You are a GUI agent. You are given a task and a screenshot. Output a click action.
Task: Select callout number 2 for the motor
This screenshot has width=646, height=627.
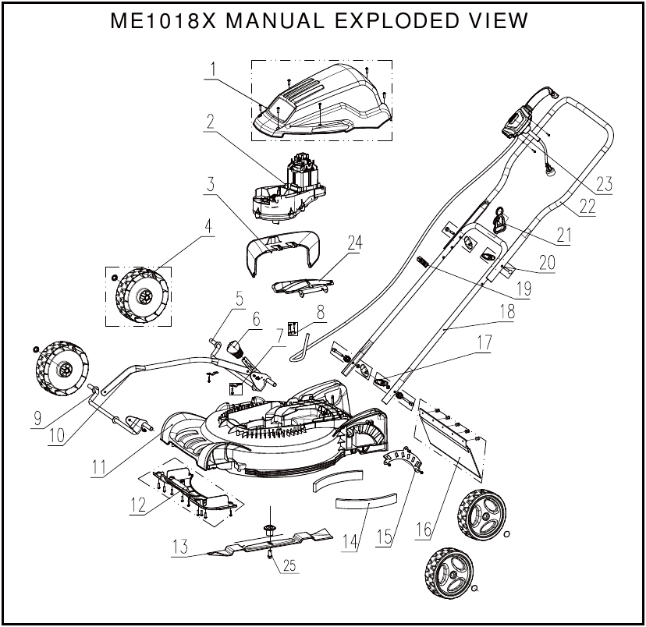coord(211,122)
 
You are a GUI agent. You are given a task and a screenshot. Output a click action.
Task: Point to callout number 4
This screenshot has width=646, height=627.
coord(208,226)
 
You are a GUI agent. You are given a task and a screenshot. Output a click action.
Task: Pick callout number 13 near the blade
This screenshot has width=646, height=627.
coord(180,547)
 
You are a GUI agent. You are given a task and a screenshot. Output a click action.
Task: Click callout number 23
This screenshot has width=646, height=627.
coord(604,186)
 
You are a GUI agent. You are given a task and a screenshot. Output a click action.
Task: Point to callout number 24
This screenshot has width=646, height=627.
coord(354,243)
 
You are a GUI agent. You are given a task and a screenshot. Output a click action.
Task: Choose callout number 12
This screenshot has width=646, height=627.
coord(138,505)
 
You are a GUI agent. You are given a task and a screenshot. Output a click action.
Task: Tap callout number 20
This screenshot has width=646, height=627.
coord(547,263)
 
